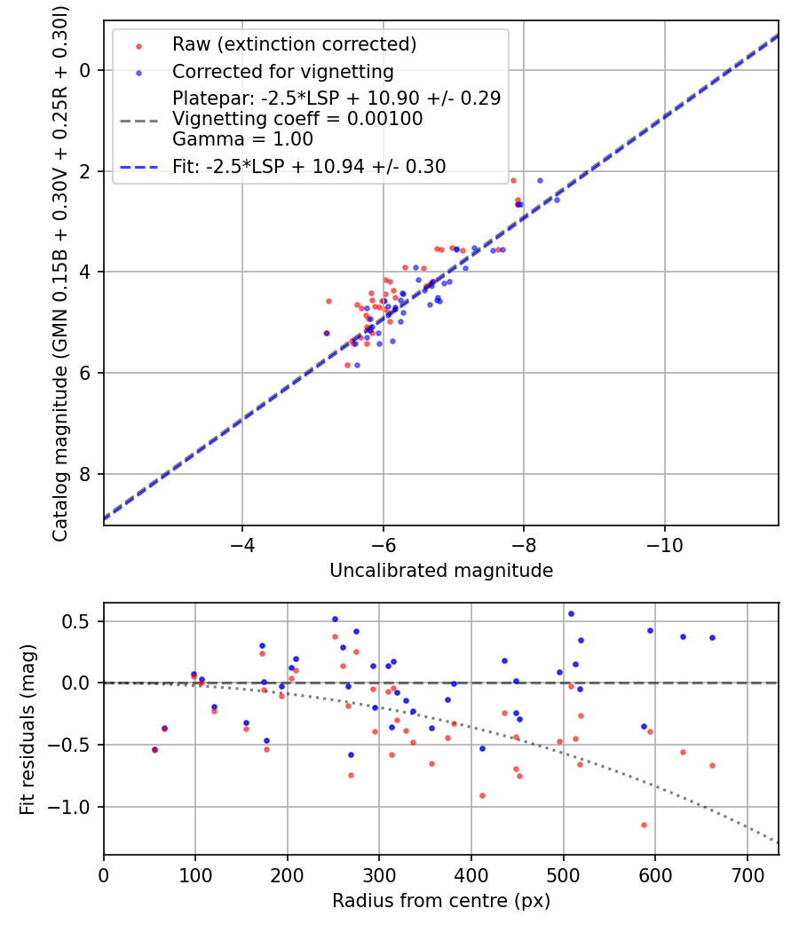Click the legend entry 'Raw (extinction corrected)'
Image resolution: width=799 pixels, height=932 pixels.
(x=294, y=44)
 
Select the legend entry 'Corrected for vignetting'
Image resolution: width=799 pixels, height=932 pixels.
(x=282, y=71)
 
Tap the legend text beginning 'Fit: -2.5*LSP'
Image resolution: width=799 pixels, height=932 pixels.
(x=309, y=166)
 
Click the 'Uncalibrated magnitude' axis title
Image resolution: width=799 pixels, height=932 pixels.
(x=441, y=571)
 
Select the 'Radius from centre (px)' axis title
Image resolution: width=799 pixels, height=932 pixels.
(x=441, y=901)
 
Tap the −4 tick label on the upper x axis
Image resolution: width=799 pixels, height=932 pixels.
(x=242, y=543)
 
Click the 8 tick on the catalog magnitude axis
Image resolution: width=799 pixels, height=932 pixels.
(x=86, y=474)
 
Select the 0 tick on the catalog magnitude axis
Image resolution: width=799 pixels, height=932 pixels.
(x=86, y=70)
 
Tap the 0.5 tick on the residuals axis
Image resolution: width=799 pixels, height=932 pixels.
(x=81, y=621)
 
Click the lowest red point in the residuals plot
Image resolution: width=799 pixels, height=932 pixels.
(x=644, y=825)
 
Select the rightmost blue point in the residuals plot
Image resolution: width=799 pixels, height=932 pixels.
(x=712, y=637)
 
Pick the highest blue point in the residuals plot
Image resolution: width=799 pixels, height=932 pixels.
(x=571, y=613)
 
